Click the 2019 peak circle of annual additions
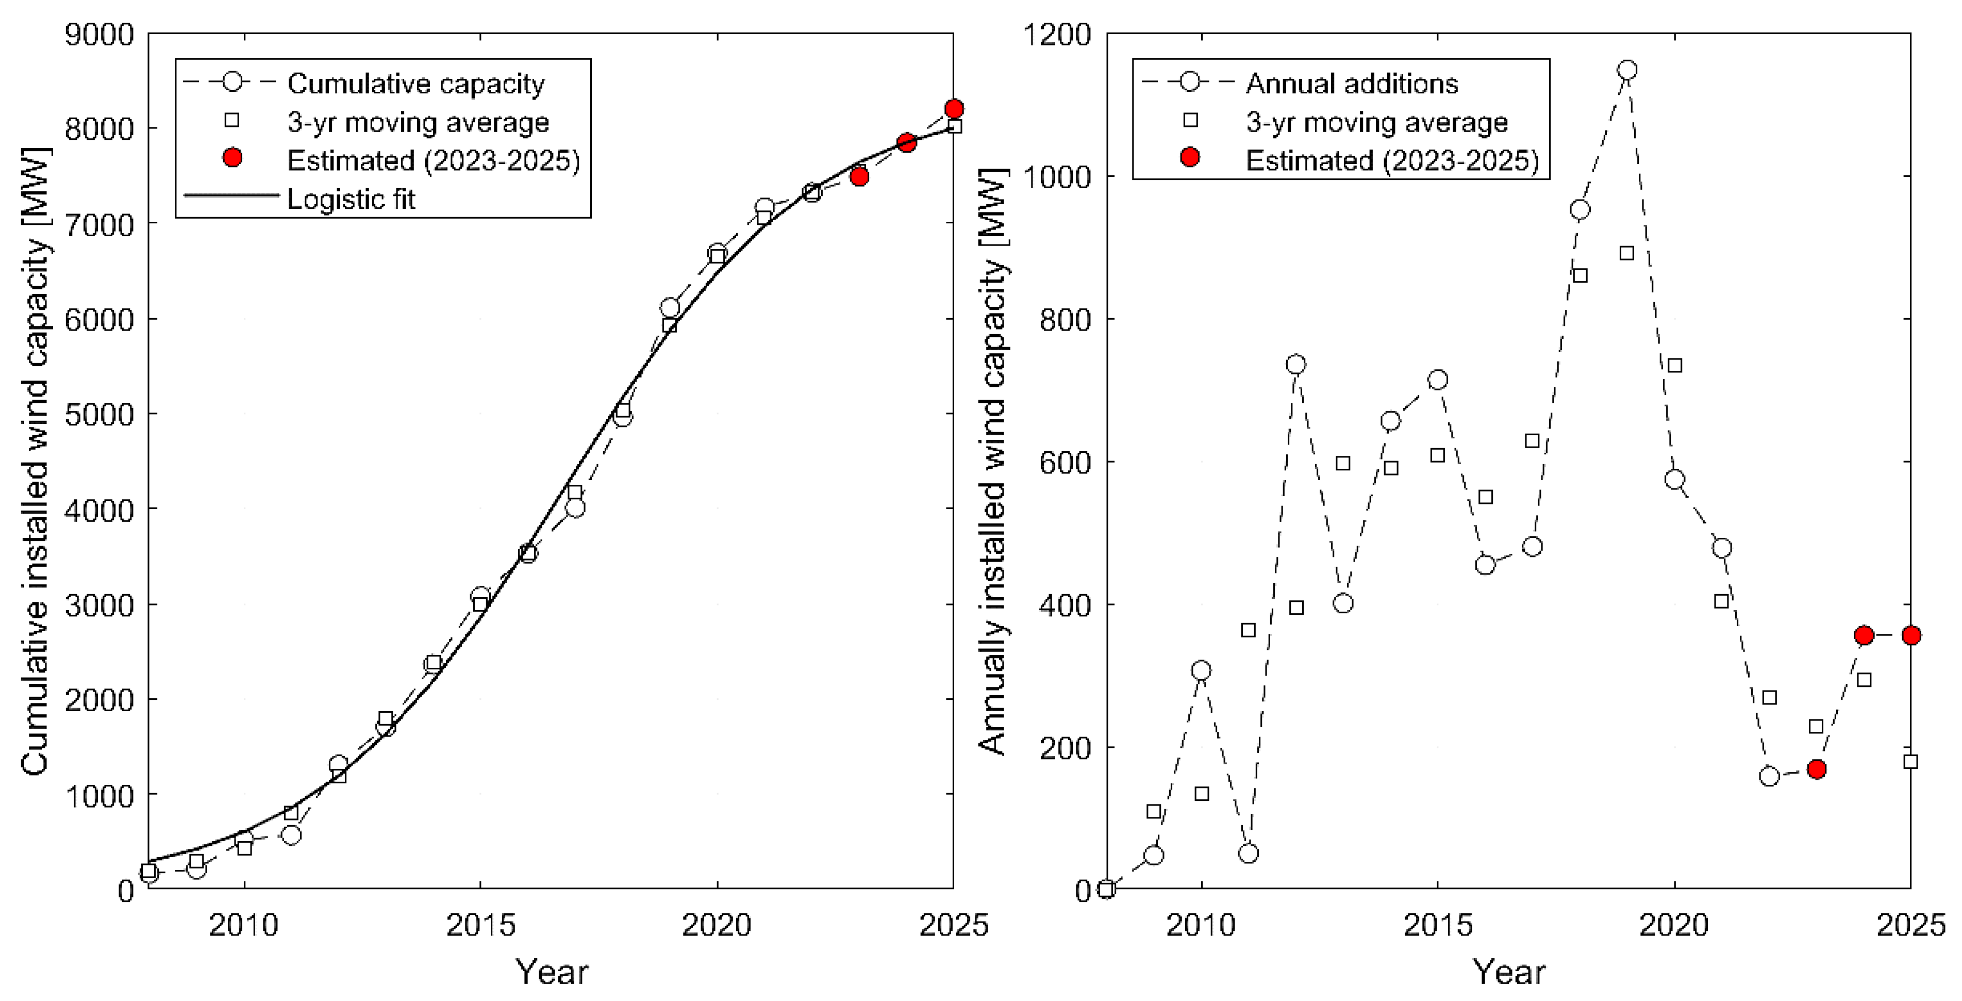1627,70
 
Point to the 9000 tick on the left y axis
99,34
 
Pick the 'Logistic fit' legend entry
351,199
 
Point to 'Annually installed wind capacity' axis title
992,461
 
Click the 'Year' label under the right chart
1509,971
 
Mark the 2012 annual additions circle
1295,364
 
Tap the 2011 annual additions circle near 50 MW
1249,853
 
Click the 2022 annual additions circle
1769,776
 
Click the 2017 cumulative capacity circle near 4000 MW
575,507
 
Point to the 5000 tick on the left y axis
99,415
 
